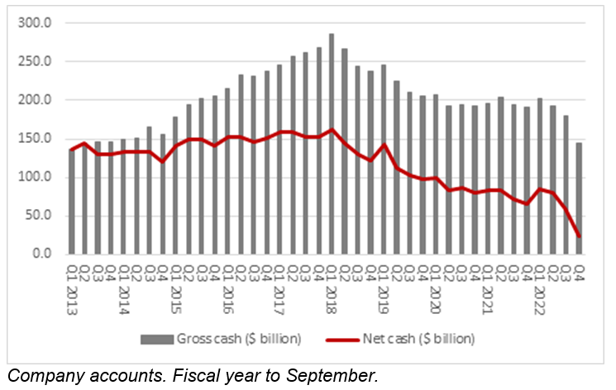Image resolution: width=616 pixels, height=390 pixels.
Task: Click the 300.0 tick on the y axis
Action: (36, 22)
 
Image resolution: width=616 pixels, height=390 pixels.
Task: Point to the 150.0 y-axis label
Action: (36, 138)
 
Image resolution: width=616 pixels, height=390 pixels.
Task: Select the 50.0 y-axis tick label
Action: (38, 216)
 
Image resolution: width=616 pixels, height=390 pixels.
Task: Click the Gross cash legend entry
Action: (239, 338)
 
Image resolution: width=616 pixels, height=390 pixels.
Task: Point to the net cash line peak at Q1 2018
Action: (332, 129)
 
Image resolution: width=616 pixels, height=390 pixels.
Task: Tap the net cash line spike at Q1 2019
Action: (384, 145)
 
